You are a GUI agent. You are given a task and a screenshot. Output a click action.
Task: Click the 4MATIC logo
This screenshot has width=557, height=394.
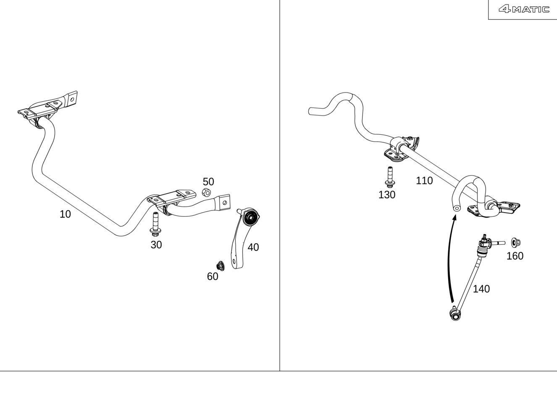[x=524, y=9]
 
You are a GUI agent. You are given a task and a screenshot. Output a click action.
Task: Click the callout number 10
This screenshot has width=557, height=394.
[x=65, y=214]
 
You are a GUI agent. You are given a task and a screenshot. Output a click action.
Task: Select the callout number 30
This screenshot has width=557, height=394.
[x=156, y=245]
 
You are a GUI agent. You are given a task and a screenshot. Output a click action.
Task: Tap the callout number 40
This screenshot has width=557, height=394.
[x=253, y=247]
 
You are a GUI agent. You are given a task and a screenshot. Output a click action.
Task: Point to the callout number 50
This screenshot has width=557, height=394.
[x=208, y=182]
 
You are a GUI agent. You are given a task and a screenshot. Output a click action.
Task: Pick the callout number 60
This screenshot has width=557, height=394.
[x=213, y=276]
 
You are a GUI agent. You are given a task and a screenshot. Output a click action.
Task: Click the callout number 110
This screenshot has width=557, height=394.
[x=424, y=181]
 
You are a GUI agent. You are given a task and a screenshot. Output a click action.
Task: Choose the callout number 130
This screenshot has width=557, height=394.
[x=387, y=195]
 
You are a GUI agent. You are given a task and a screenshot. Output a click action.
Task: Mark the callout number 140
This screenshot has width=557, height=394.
[x=481, y=289]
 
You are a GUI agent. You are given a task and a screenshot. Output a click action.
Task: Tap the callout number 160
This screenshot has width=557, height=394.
[x=515, y=256]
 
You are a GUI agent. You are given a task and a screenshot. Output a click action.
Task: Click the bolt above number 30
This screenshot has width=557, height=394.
[x=155, y=224]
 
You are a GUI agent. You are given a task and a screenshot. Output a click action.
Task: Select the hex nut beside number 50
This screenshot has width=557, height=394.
[x=206, y=192]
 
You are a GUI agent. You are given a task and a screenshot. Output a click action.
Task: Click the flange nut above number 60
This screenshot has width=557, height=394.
[x=221, y=266]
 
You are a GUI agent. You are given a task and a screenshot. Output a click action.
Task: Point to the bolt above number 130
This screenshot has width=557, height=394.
[x=390, y=177]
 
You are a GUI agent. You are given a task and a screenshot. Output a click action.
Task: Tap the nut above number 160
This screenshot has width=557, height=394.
[x=516, y=242]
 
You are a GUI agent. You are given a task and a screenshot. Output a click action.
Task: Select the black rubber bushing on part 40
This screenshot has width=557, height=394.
[x=251, y=218]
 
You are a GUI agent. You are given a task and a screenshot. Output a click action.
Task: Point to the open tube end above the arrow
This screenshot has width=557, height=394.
[x=456, y=208]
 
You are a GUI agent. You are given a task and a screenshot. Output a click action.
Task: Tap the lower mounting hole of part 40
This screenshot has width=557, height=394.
[x=234, y=262]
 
